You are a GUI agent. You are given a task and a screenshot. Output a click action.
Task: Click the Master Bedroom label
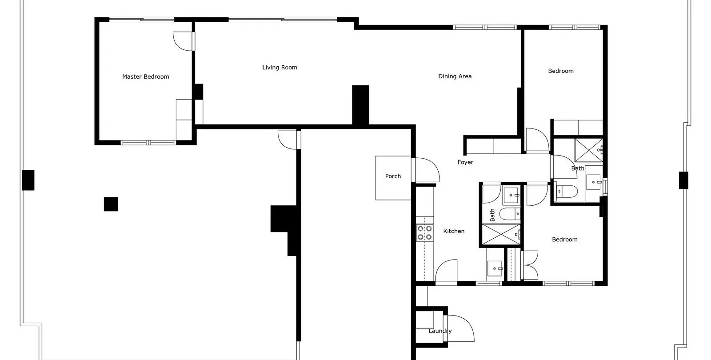tap(145, 76)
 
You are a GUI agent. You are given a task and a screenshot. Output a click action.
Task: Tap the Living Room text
tap(280, 67)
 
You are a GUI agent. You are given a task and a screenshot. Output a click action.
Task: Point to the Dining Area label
tap(455, 76)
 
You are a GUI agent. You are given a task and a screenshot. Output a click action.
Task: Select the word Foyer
tap(465, 162)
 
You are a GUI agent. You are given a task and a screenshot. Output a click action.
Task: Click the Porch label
tap(393, 176)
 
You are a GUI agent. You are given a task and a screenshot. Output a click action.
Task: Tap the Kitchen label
tap(454, 231)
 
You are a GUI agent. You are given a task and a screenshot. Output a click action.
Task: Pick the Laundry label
tap(440, 331)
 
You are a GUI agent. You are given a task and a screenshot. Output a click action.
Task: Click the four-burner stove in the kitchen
tap(425, 233)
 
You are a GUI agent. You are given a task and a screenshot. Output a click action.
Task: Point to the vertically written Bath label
tap(492, 215)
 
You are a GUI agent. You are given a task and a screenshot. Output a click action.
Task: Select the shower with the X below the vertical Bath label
tap(501, 234)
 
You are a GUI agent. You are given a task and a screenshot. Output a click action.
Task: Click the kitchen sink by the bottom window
tap(495, 268)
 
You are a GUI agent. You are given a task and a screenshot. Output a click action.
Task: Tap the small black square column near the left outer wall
tap(111, 204)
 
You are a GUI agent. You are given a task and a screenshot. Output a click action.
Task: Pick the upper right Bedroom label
tap(561, 71)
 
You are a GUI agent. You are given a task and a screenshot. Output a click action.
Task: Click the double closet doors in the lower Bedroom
tap(529, 265)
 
